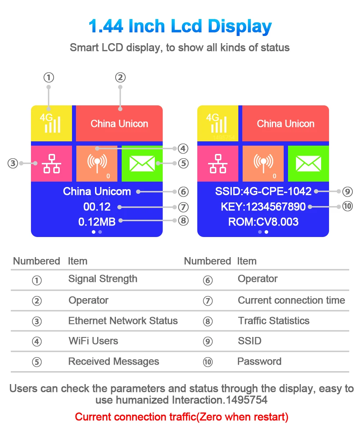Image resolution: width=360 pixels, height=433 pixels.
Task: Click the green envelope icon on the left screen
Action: pyautogui.click(x=142, y=163)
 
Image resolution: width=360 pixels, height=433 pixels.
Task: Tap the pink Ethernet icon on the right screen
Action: pyautogui.click(x=218, y=163)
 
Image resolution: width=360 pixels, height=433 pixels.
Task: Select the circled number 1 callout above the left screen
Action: pyautogui.click(x=49, y=77)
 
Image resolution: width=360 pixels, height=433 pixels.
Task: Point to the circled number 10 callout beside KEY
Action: pyautogui.click(x=347, y=206)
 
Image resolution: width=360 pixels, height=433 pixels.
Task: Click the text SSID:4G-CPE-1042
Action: pyautogui.click(x=263, y=191)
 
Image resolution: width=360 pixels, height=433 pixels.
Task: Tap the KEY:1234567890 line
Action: pyautogui.click(x=263, y=207)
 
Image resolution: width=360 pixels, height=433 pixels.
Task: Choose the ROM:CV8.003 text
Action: pyautogui.click(x=263, y=222)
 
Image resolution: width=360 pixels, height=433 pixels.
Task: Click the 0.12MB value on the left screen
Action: pyautogui.click(x=97, y=222)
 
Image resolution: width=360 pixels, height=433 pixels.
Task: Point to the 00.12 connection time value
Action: pyautogui.click(x=97, y=207)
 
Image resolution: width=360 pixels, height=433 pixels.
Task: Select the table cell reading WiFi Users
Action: pyautogui.click(x=93, y=341)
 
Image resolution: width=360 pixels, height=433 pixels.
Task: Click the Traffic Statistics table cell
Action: pyautogui.click(x=274, y=321)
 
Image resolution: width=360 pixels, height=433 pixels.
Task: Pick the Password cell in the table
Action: pyautogui.click(x=259, y=361)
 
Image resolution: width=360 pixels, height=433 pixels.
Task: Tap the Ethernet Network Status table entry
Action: pyautogui.click(x=123, y=321)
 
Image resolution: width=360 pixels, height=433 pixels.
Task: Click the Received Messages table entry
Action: pyautogui.click(x=113, y=361)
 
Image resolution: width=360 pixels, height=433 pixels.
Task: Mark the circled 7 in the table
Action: pyautogui.click(x=208, y=301)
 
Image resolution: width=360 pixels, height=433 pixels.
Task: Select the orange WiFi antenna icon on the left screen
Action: pyautogui.click(x=96, y=163)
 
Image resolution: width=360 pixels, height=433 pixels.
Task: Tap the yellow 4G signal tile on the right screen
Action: pyautogui.click(x=218, y=123)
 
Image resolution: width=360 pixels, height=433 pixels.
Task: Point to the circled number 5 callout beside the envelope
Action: pyautogui.click(x=183, y=163)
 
